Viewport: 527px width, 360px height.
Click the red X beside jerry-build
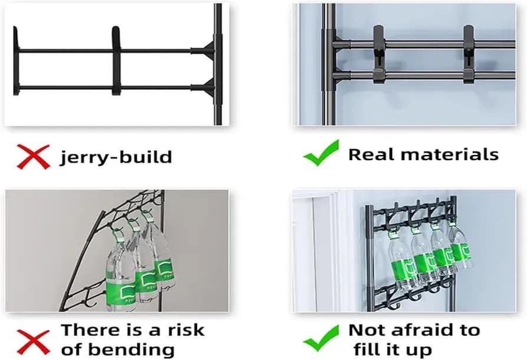click(33, 157)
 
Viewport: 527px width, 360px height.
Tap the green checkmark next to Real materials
click(321, 153)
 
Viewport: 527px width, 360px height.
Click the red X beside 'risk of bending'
click(33, 342)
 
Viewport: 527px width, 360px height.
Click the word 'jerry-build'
click(116, 157)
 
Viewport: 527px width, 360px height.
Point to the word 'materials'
click(450, 155)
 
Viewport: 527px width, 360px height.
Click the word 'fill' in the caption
click(367, 349)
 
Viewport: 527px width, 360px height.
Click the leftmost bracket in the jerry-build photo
click(16, 61)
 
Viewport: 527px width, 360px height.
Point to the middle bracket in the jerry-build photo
click(116, 61)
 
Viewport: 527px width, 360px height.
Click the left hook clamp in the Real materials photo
click(378, 54)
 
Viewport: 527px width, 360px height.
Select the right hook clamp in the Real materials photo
click(469, 54)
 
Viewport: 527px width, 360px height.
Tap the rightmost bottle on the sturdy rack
click(460, 248)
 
